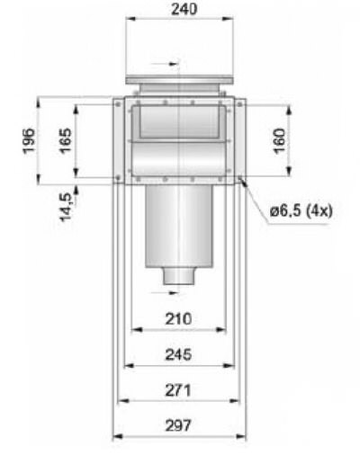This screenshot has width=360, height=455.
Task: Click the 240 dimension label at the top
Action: pos(184,9)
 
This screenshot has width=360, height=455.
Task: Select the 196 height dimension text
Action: pos(29,140)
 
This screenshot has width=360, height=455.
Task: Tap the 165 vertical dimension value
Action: pos(66,140)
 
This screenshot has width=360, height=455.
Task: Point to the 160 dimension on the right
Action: pos(279,140)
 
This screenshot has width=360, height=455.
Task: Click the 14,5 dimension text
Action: pos(67,207)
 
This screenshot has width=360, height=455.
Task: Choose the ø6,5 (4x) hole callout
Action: pos(301,211)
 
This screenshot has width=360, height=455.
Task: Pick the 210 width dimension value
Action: pos(178,318)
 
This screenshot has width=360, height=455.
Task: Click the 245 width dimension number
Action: pos(178,354)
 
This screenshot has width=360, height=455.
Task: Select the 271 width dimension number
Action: pos(178,390)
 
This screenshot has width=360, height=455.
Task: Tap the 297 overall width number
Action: pos(178,425)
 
